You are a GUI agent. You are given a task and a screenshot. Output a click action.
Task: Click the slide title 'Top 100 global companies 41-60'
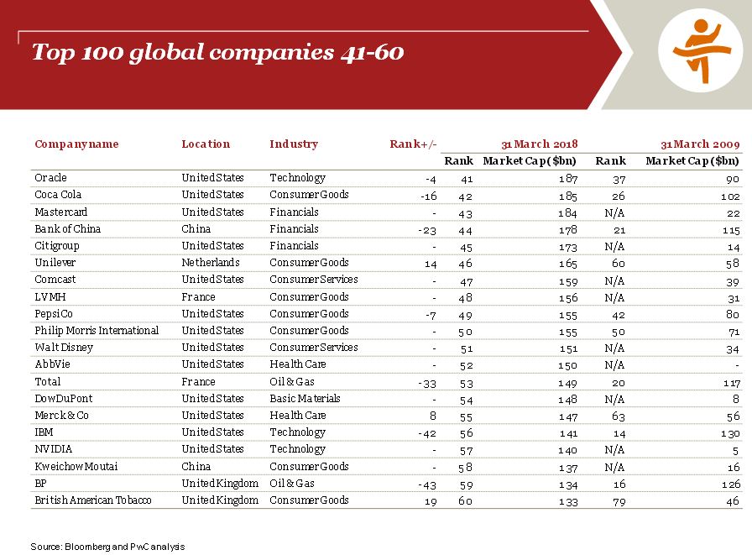(218, 53)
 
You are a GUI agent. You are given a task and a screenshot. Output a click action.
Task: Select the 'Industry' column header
(294, 144)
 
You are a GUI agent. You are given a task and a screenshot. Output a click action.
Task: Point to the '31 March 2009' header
(700, 144)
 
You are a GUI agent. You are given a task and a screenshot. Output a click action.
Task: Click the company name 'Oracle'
(50, 178)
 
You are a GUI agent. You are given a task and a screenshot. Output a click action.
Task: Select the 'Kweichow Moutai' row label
(75, 466)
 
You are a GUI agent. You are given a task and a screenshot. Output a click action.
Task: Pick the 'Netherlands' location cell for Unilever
(210, 263)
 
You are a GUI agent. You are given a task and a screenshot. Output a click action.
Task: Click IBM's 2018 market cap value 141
(568, 432)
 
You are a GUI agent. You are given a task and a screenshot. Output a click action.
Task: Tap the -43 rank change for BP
(427, 484)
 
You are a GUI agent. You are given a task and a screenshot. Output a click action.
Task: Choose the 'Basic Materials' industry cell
(305, 398)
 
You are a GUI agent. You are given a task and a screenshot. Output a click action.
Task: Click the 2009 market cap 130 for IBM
(730, 433)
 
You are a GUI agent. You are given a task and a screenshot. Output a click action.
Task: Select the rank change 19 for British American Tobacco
(431, 500)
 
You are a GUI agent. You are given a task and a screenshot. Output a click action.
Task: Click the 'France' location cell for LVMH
(198, 296)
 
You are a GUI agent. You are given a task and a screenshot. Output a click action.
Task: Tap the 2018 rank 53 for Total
(465, 381)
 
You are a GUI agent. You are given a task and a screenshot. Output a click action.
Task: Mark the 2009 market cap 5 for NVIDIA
(736, 449)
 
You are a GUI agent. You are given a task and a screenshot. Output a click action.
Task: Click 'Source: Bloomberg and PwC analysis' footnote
(107, 547)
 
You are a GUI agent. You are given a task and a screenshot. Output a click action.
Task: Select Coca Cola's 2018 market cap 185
(568, 195)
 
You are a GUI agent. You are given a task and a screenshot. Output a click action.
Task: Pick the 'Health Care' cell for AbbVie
(297, 364)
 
